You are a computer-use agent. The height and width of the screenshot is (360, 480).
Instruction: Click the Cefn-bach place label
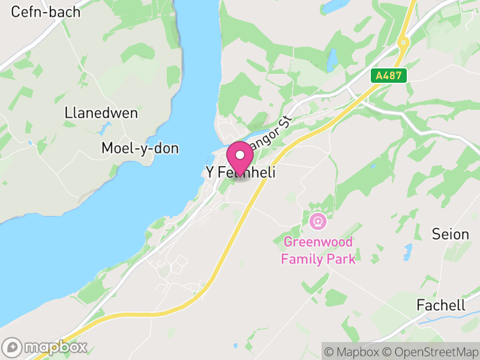coord(46,11)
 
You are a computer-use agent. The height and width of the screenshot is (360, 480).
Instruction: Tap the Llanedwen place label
coord(101,113)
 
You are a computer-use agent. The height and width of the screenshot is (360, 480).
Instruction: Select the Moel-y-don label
coord(140,148)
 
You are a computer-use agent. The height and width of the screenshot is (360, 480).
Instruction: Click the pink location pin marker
coord(241,157)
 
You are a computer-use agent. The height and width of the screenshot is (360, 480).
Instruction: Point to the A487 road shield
coord(389,76)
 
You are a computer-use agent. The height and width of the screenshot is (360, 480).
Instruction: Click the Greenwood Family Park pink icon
coord(317,221)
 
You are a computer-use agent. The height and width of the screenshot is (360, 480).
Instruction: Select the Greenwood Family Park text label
coord(319,250)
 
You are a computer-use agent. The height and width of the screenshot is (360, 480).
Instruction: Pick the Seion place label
coord(450,234)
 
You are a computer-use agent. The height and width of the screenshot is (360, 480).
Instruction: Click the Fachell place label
coord(440,305)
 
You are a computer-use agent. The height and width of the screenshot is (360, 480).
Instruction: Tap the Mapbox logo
coord(46,347)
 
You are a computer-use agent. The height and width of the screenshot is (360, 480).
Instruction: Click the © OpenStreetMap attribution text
coord(433,350)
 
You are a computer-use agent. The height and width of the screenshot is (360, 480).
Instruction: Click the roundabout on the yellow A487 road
coord(403,43)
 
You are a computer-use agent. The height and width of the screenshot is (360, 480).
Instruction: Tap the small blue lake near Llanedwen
coord(106,129)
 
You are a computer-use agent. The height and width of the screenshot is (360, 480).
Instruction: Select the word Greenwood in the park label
coord(319,242)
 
